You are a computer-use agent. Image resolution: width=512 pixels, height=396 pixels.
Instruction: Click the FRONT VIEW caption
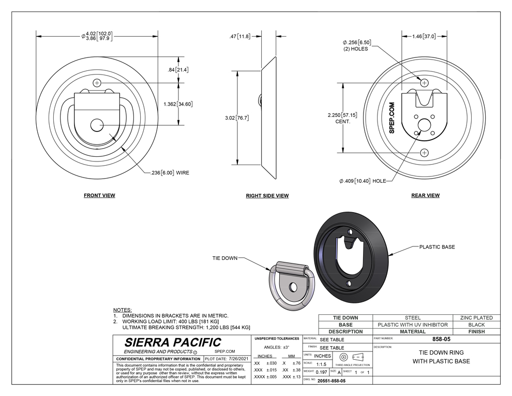100,195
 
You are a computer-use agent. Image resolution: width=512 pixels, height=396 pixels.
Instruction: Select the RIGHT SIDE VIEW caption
267,196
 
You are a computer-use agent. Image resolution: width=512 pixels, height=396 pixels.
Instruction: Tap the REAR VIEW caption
426,195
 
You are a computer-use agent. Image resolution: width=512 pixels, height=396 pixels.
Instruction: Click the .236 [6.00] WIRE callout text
170,172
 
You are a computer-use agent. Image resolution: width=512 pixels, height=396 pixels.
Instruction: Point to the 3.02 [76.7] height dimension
237,118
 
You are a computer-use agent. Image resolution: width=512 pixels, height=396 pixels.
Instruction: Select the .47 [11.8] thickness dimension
239,36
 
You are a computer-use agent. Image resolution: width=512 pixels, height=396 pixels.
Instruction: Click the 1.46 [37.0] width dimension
424,36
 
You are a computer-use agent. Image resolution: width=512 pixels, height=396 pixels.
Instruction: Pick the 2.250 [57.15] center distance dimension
342,118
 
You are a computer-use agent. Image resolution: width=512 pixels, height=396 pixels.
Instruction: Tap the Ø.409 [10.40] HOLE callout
363,181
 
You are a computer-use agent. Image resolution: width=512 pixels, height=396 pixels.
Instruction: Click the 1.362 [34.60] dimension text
178,104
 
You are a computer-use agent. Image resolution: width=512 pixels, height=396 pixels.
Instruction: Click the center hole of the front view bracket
97,125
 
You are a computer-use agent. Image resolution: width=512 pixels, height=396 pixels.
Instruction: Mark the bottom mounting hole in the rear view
424,153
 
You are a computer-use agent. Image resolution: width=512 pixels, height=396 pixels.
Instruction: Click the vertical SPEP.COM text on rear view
392,118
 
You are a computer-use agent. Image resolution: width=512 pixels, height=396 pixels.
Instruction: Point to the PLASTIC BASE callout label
437,247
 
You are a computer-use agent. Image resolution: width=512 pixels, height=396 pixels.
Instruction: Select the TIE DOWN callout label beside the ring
225,258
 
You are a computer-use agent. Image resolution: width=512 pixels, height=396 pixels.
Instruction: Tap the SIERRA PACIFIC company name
173,342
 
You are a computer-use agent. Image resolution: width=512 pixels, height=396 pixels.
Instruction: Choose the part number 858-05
441,339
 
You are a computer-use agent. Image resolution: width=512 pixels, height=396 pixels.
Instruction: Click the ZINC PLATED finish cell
476,318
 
